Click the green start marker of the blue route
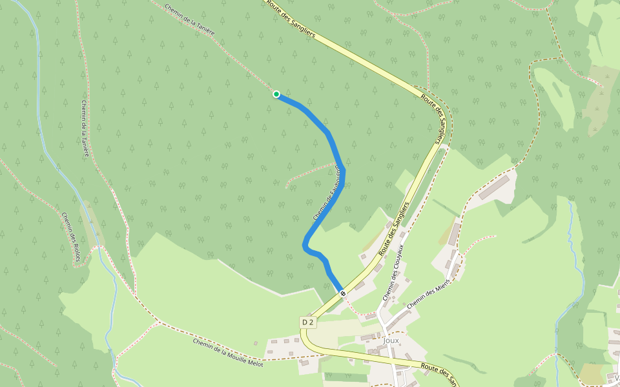click(x=276, y=94)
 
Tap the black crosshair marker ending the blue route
click(x=343, y=293)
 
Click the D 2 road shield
click(x=307, y=322)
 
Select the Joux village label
click(x=391, y=340)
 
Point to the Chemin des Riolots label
click(x=71, y=237)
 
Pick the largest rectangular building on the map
click(x=494, y=187)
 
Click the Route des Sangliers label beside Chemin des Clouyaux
click(x=394, y=229)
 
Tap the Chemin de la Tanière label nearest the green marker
click(x=189, y=20)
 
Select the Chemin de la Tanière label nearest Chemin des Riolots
click(x=85, y=129)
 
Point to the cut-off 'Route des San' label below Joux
click(x=439, y=373)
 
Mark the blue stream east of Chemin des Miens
click(x=571, y=245)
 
